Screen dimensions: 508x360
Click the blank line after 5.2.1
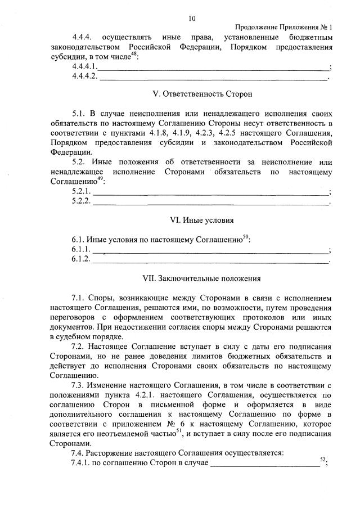[x=210, y=193]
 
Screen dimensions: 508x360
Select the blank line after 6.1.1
[x=210, y=250]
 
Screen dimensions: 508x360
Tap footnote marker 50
[x=246, y=236]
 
